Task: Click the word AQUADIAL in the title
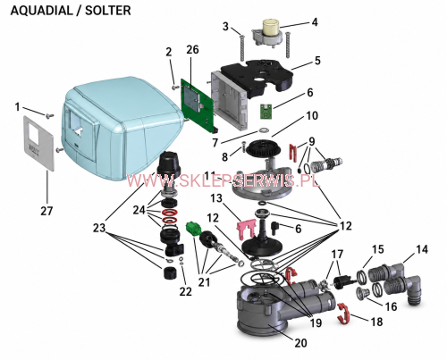(x=41, y=11)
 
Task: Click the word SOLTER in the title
(x=108, y=11)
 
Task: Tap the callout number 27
(x=46, y=211)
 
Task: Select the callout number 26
(x=192, y=49)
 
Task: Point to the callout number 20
(x=300, y=343)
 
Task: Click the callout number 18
(x=376, y=322)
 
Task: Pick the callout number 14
(x=422, y=249)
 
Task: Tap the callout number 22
(x=185, y=292)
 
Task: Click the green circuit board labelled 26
(x=198, y=105)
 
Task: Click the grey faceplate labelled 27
(x=39, y=143)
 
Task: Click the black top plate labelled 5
(x=257, y=78)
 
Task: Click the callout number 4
(x=315, y=22)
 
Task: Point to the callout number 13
(x=216, y=197)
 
